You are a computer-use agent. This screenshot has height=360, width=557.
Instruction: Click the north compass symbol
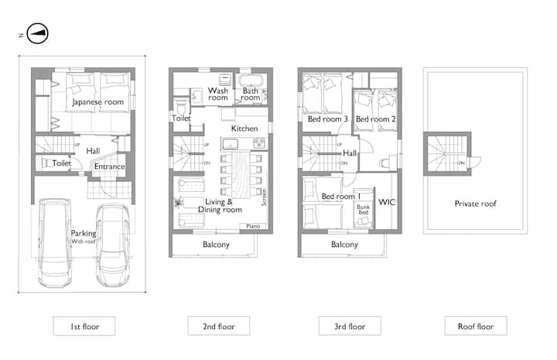click(x=37, y=33)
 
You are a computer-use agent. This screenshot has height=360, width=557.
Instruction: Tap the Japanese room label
click(x=98, y=102)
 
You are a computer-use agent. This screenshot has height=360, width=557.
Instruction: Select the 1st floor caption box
click(x=84, y=326)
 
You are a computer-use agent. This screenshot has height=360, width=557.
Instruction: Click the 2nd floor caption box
click(x=219, y=326)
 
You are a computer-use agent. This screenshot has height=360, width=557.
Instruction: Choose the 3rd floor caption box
click(x=350, y=326)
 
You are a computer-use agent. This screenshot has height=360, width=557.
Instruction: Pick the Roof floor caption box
click(x=476, y=326)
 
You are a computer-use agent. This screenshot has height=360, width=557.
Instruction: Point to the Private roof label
click(x=475, y=204)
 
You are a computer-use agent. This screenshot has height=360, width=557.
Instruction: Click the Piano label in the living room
click(x=253, y=226)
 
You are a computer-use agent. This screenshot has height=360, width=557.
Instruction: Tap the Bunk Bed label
click(x=363, y=209)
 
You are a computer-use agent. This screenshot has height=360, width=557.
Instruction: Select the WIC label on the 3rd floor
click(x=387, y=202)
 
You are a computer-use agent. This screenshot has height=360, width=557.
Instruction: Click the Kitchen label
click(x=244, y=129)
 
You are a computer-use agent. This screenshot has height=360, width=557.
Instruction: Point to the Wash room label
click(x=217, y=94)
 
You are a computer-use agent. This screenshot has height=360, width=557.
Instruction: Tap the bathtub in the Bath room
click(x=251, y=81)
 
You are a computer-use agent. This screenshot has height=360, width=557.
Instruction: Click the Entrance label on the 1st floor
click(x=109, y=166)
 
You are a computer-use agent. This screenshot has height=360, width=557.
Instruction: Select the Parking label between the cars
click(x=84, y=234)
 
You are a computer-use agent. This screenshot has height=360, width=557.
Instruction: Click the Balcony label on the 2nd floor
click(x=216, y=245)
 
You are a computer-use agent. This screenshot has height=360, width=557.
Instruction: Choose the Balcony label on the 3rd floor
click(x=344, y=245)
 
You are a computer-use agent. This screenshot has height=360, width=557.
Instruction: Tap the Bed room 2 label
click(x=375, y=119)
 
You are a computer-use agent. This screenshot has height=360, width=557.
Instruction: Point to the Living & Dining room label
click(x=220, y=206)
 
